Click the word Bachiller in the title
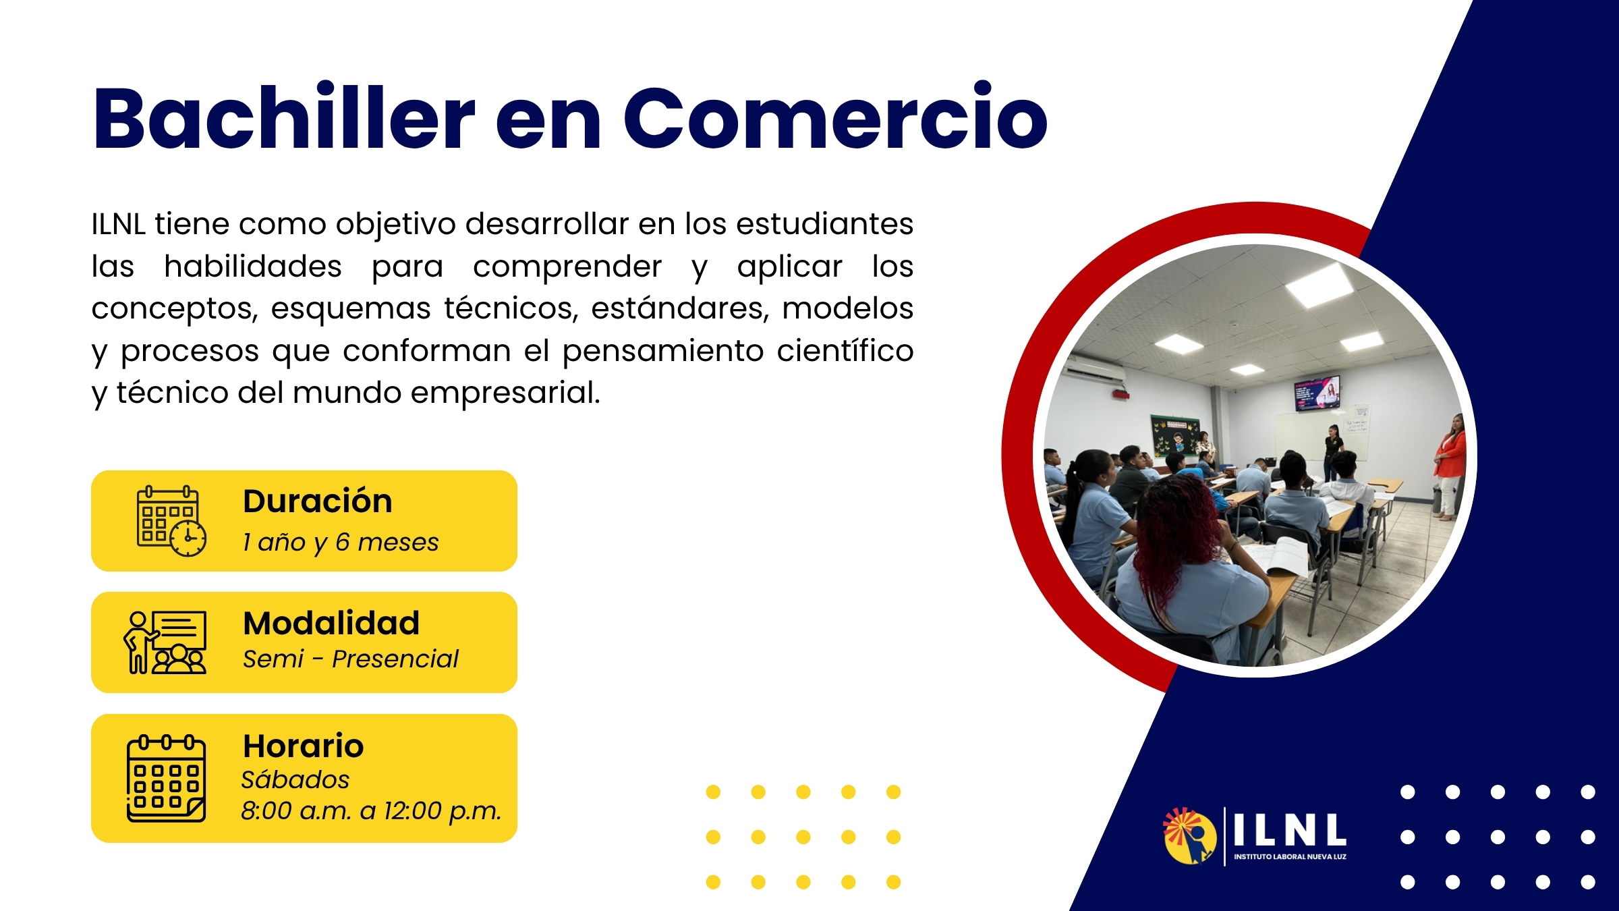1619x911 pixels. (284, 116)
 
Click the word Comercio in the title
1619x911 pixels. (835, 116)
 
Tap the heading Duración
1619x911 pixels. (318, 501)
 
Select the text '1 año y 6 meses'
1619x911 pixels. (341, 543)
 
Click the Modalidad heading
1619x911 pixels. (331, 623)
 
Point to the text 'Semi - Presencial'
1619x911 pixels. (351, 659)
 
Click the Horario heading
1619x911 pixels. (304, 746)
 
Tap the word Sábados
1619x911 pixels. (295, 779)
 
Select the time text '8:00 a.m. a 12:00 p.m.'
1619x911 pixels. (372, 811)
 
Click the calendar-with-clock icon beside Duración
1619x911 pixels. (171, 521)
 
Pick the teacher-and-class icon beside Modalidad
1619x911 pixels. (165, 642)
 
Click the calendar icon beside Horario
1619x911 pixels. (166, 778)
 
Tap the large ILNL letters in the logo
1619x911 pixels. (1290, 829)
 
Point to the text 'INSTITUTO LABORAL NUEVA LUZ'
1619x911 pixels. (1290, 857)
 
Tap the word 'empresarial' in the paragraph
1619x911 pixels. (505, 393)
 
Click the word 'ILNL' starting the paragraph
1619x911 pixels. (118, 224)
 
